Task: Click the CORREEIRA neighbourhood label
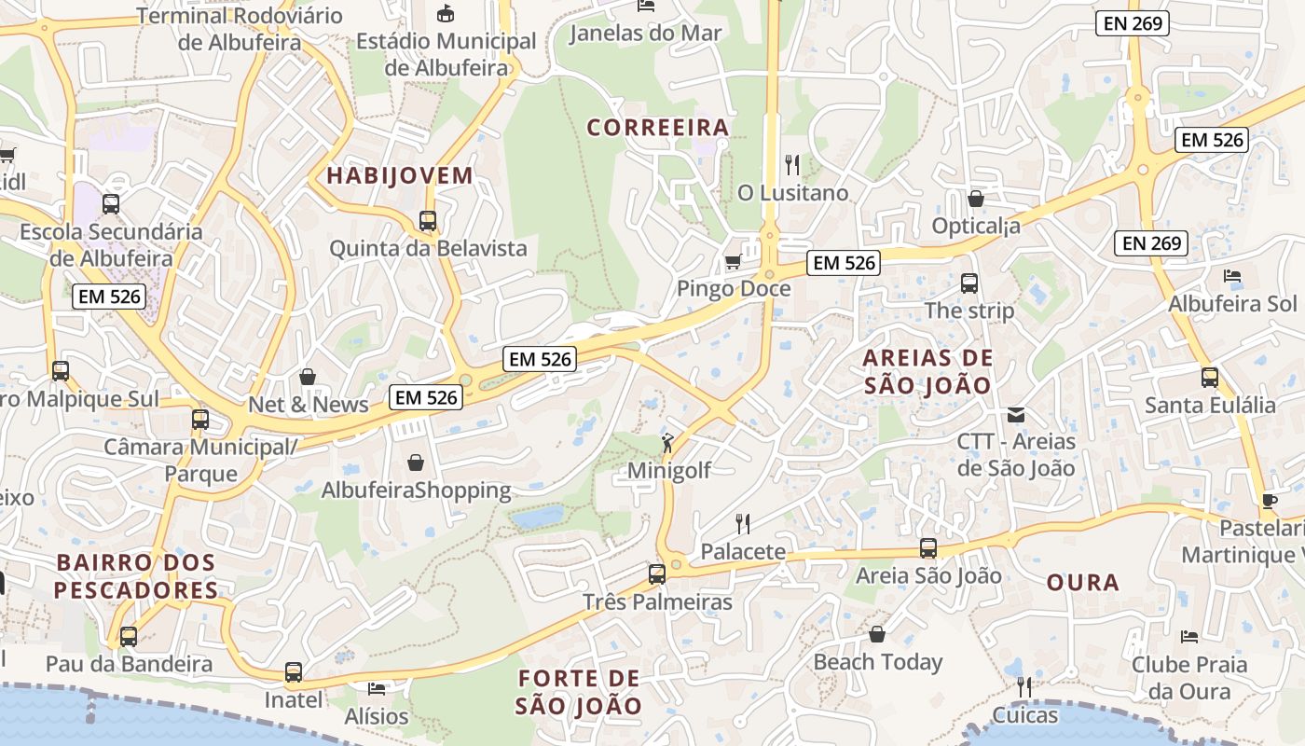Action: tap(657, 128)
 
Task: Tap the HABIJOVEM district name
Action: tap(400, 175)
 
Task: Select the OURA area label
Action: tap(1082, 583)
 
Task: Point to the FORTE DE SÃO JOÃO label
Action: tap(579, 692)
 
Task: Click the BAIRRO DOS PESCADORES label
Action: tap(136, 576)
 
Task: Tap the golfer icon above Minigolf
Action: tap(667, 442)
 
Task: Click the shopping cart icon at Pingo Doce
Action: tap(734, 261)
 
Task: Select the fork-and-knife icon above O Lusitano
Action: tap(792, 165)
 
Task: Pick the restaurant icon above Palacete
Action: tap(743, 523)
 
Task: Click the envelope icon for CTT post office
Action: tap(1016, 414)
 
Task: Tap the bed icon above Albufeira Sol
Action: tap(1232, 276)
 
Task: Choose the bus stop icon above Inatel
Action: tap(294, 671)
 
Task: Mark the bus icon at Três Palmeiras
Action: tap(657, 573)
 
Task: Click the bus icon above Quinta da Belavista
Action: tap(428, 221)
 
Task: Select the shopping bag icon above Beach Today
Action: tap(877, 635)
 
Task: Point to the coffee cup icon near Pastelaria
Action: tap(1269, 501)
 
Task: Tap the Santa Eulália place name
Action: tap(1210, 406)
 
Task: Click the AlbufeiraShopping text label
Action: tap(417, 490)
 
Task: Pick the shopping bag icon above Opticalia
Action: tap(976, 199)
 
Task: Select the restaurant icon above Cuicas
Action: tap(1024, 687)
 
